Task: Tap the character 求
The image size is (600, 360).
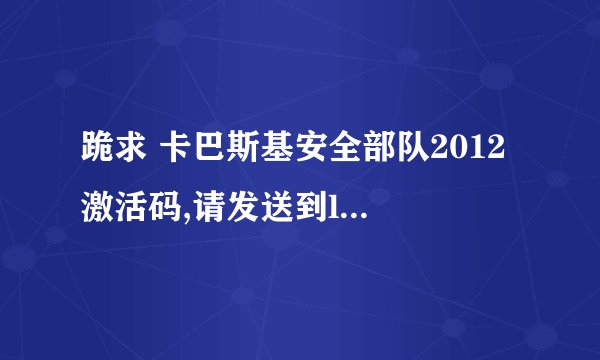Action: coord(129,155)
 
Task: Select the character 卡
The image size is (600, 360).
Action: coord(171,155)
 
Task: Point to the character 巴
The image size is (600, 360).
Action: coord(203,155)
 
